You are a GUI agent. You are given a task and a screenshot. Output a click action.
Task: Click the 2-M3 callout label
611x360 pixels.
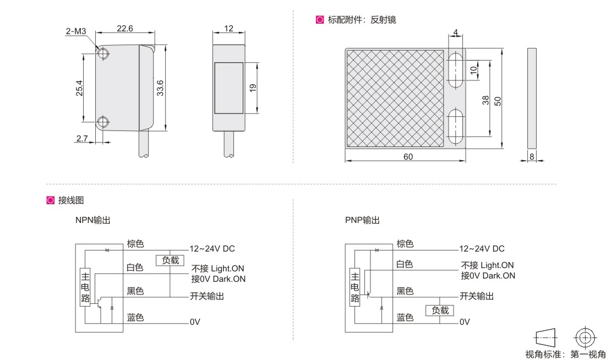click(75, 31)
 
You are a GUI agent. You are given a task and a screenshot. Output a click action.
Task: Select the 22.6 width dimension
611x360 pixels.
click(125, 29)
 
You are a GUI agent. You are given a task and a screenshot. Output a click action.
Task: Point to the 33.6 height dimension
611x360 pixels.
click(160, 88)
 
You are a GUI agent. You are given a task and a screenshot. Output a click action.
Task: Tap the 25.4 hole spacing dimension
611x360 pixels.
click(79, 88)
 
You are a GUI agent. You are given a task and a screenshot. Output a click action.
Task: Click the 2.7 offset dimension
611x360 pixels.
click(82, 138)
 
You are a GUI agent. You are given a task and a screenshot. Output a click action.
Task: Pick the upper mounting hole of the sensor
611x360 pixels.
click(103, 53)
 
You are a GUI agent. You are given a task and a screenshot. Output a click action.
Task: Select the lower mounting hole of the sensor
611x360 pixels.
click(103, 122)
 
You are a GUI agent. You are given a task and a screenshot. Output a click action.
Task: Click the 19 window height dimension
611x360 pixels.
click(253, 88)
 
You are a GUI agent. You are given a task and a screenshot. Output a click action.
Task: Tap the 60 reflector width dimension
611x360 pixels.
click(408, 157)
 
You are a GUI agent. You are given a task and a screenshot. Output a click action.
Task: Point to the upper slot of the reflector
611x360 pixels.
click(455, 70)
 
